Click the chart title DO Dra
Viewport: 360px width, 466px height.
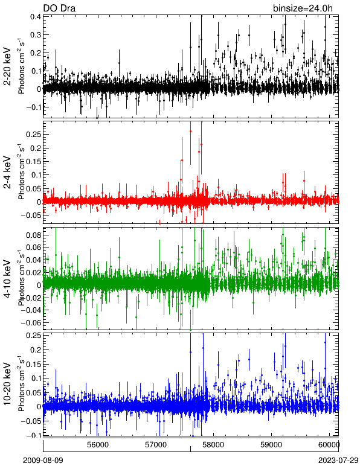click(59, 8)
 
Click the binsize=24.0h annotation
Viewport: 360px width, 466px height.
click(303, 8)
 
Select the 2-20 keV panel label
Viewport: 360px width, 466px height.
click(7, 66)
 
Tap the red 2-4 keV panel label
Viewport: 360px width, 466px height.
click(7, 173)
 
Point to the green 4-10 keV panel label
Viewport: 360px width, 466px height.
click(7, 279)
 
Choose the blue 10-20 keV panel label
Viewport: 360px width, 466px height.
click(7, 384)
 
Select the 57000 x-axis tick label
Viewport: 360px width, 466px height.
click(156, 445)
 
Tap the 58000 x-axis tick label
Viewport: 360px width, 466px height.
click(214, 445)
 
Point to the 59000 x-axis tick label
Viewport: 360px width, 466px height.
click(272, 445)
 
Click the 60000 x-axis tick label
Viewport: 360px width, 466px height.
click(330, 445)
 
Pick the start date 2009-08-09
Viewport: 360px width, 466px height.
click(43, 461)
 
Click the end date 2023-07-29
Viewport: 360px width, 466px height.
click(338, 461)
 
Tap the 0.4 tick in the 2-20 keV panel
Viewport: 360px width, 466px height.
click(36, 17)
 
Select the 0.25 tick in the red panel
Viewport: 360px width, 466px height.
click(33, 134)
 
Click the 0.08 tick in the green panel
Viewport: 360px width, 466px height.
click(33, 235)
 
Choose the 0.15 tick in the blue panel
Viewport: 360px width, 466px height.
click(33, 364)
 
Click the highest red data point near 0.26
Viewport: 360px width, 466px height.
click(190, 131)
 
